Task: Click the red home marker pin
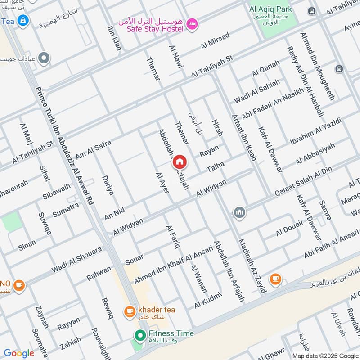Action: click(179, 162)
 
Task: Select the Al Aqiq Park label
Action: click(271, 9)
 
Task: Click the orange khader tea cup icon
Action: click(130, 310)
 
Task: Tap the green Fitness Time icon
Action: click(140, 334)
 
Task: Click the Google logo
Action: click(19, 353)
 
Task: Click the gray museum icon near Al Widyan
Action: click(239, 211)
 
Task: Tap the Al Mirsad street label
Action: click(215, 40)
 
